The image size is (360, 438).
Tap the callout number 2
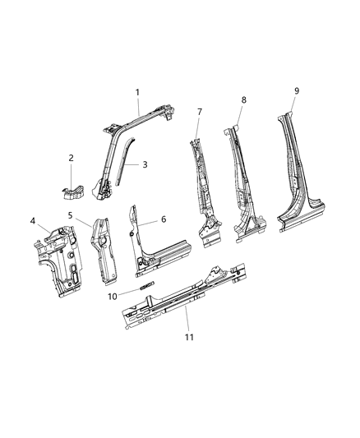(x=71, y=158)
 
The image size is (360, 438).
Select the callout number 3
(x=145, y=164)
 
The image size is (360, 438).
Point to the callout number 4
(x=33, y=220)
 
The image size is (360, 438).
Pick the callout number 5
(x=71, y=216)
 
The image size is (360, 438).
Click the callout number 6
(x=164, y=219)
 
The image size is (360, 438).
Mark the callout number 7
(x=199, y=111)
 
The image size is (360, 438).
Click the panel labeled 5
(x=105, y=247)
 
